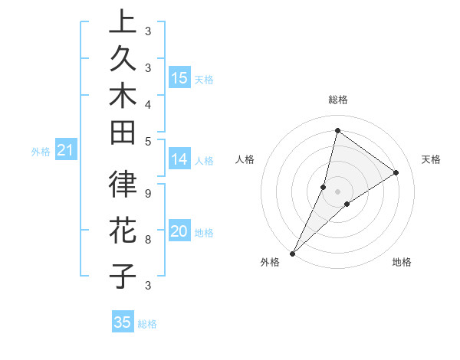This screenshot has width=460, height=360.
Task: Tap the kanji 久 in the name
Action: tap(123, 62)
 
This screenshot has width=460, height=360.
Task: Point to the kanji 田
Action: tap(123, 135)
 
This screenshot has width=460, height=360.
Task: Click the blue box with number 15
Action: tap(179, 78)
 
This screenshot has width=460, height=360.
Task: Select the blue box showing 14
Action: tap(179, 159)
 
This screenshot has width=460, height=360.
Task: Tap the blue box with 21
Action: tap(65, 151)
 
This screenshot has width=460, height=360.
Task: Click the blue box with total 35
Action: tap(123, 322)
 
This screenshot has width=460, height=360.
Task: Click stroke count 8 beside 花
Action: tap(148, 239)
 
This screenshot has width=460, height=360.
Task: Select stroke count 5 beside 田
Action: tap(148, 141)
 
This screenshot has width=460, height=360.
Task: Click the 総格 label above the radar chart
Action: tap(337, 100)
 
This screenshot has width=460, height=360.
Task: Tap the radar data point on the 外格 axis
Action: tap(293, 253)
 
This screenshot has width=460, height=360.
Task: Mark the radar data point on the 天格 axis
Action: tap(396, 172)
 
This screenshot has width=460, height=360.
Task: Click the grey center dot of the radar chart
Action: tap(337, 191)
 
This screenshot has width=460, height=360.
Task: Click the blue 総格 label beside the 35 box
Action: tap(147, 324)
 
